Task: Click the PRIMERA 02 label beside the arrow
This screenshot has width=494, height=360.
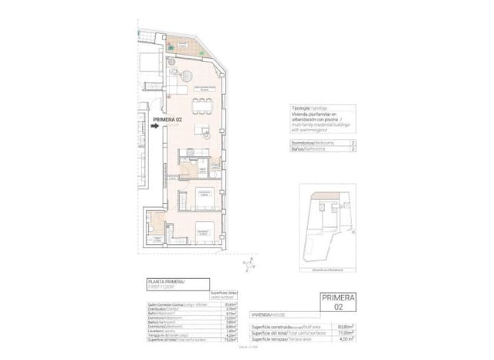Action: tap(168, 119)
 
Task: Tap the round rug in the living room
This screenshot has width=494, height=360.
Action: tap(188, 76)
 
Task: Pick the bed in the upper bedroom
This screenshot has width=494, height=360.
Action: tap(204, 200)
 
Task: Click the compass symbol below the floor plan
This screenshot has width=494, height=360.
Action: tap(249, 267)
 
